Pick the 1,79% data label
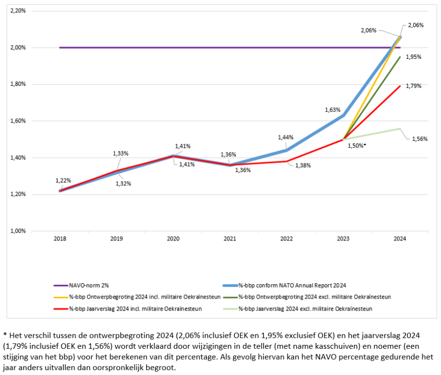click(x=413, y=86)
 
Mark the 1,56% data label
click(x=419, y=139)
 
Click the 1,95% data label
click(x=413, y=57)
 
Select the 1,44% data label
click(x=285, y=137)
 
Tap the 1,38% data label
click(x=303, y=166)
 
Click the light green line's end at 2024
click(x=400, y=128)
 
